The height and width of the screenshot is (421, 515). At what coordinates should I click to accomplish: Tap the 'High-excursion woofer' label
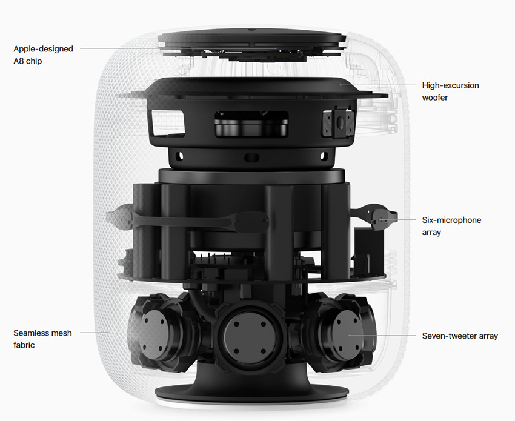(450, 91)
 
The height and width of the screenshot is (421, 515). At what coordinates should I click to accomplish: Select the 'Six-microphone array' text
(451, 226)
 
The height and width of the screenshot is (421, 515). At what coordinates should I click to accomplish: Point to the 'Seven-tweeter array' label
(460, 336)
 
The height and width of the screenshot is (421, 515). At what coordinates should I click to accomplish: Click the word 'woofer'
(435, 97)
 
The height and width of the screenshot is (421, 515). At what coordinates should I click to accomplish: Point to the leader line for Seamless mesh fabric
(93, 332)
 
